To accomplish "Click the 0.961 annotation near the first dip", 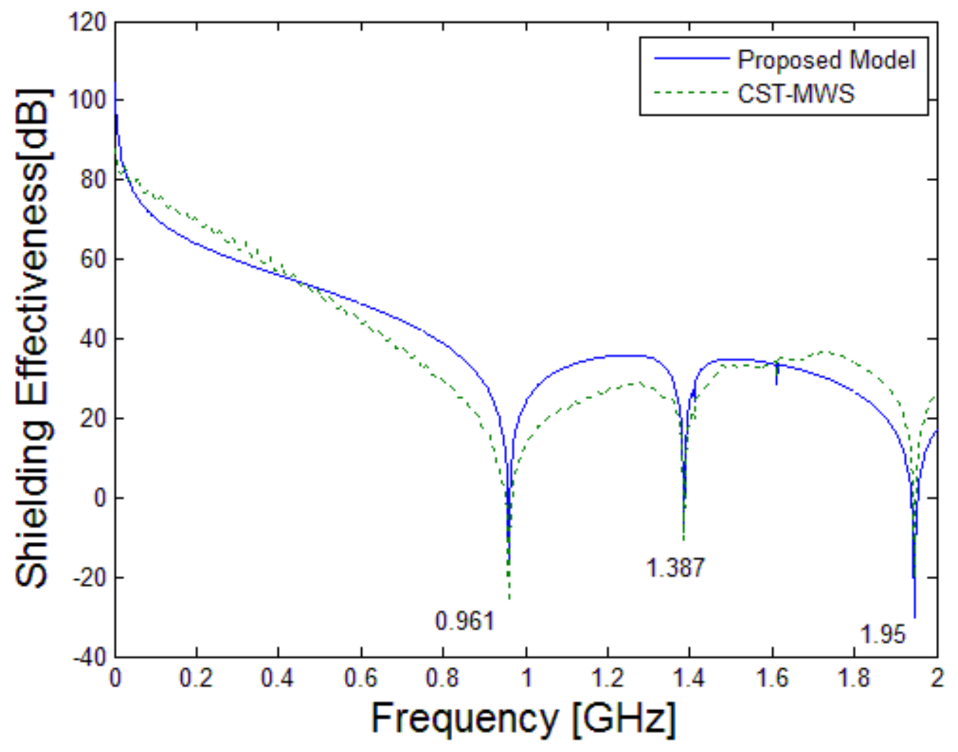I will [465, 621].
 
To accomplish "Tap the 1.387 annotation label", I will [675, 567].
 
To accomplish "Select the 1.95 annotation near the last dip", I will [883, 634].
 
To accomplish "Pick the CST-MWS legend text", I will [796, 93].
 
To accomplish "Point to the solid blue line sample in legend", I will [691, 58].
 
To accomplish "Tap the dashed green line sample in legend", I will [691, 92].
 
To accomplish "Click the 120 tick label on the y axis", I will [87, 23].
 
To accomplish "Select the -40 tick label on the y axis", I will [89, 657].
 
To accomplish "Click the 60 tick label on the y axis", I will [93, 259].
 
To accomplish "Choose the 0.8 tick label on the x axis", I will [442, 678].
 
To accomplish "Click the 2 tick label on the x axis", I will [937, 678].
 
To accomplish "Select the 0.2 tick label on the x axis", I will [196, 678].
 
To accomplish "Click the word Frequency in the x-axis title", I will [464, 719].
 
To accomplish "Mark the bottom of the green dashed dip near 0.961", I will [509, 599].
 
